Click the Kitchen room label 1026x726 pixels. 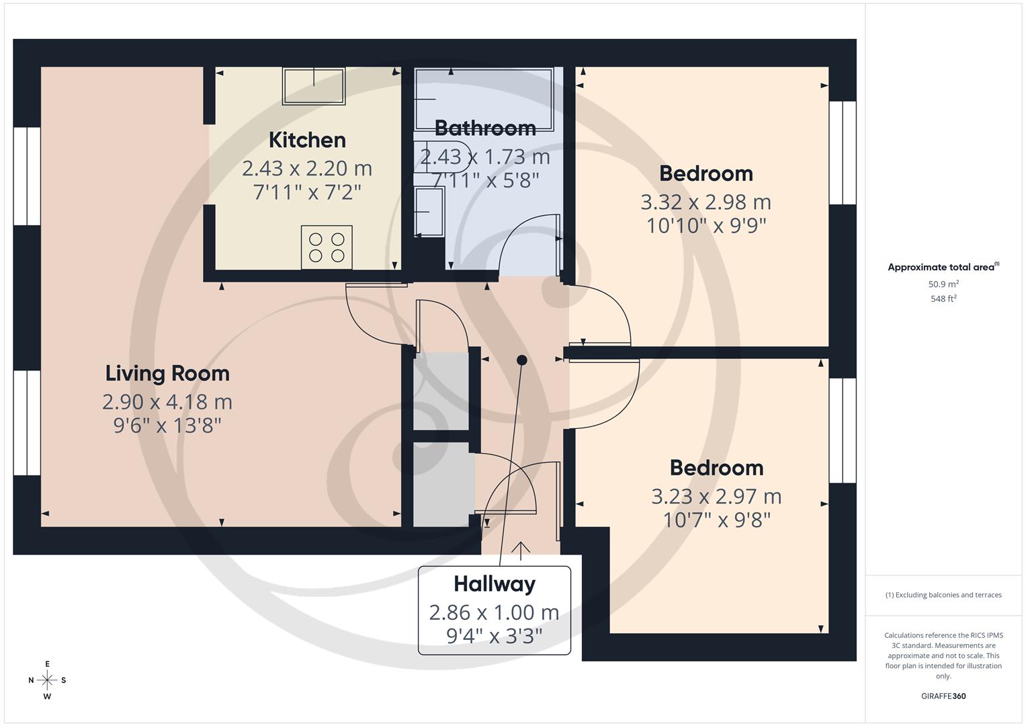(x=307, y=140)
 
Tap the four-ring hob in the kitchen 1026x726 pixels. (x=327, y=247)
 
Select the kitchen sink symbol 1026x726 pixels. (x=314, y=86)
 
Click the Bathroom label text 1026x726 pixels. (x=485, y=128)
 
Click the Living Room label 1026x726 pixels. (x=167, y=373)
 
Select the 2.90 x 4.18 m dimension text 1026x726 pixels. (x=167, y=401)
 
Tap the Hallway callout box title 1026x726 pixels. (x=495, y=583)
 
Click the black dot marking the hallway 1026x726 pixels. (x=521, y=360)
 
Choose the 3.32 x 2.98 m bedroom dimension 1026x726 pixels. (x=706, y=202)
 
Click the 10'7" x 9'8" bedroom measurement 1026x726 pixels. (x=716, y=520)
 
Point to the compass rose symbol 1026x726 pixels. (x=47, y=680)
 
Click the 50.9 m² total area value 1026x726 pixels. (x=943, y=284)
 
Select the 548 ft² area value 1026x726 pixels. (x=943, y=298)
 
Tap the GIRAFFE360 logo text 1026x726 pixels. (x=943, y=696)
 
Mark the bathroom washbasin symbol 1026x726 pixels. (x=429, y=211)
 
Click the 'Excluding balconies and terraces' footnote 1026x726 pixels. (x=943, y=595)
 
